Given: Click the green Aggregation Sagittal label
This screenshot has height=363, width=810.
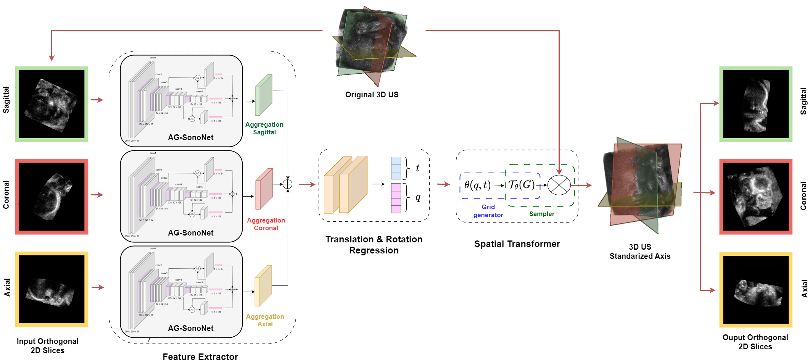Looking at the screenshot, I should [264, 128].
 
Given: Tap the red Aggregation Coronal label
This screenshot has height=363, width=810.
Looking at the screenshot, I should [266, 224].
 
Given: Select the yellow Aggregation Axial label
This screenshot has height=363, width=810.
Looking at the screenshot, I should [265, 320].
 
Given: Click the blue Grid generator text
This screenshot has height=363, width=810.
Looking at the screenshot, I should [488, 211].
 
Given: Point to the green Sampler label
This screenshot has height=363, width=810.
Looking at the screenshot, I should [541, 214].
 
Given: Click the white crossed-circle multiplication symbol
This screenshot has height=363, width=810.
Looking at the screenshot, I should [559, 185].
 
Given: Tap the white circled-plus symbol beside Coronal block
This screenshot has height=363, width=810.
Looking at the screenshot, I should [287, 184].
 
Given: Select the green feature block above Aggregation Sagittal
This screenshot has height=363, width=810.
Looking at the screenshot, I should [263, 95].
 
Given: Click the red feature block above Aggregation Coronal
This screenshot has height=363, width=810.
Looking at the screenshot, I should [264, 189].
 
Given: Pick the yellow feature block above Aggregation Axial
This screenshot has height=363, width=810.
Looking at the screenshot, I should [263, 286].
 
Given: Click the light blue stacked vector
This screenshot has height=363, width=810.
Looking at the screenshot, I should [396, 168].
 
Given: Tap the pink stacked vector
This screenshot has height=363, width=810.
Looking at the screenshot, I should [396, 198].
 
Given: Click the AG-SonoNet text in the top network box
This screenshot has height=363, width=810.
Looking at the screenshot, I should [190, 137].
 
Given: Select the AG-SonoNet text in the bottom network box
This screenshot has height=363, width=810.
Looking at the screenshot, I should [190, 328].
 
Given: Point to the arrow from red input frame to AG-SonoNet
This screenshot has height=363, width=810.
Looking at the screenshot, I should [97, 195].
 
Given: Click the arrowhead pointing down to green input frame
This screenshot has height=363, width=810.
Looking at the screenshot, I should [52, 58].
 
